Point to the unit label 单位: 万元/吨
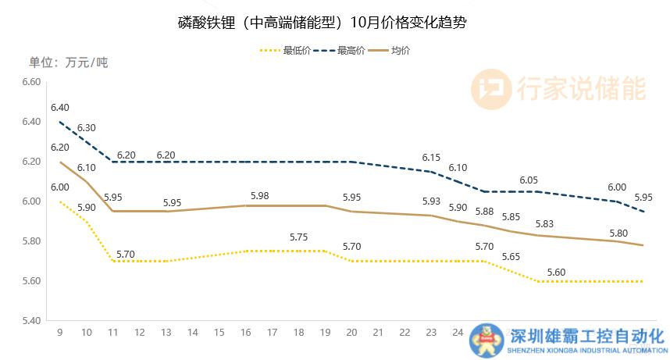pyautogui.click(x=68, y=62)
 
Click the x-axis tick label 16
pyautogui.click(x=246, y=333)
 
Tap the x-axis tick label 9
pyautogui.click(x=59, y=333)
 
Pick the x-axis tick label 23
pyautogui.click(x=430, y=333)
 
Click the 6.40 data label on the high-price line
pyautogui.click(x=60, y=108)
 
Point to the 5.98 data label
pyautogui.click(x=260, y=195)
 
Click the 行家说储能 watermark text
pyautogui.click(x=581, y=88)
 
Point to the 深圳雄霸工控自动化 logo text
pyautogui.click(x=586, y=337)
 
